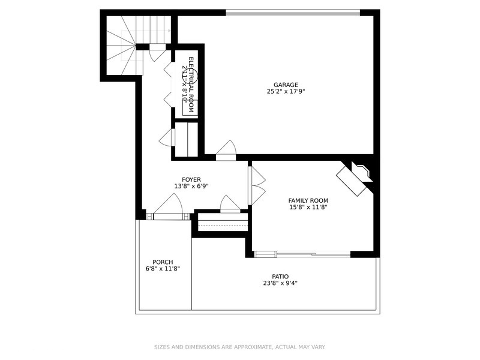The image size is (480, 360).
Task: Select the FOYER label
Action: tap(191, 179)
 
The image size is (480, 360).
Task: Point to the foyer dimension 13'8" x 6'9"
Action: tap(191, 187)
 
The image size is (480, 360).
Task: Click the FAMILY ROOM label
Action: tap(308, 200)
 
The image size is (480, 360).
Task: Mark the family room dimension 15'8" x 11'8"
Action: tap(308, 208)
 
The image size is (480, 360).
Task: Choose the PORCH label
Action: tap(163, 262)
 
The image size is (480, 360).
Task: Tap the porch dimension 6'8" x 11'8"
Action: tap(163, 269)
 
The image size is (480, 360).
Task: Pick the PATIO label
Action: tap(272, 276)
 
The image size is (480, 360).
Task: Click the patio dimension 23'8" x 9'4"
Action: tap(272, 283)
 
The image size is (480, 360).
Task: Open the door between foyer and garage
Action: tap(226, 150)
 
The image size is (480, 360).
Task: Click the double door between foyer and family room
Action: tap(256, 185)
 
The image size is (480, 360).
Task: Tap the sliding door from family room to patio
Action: tap(312, 254)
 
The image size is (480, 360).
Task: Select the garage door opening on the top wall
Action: tap(292, 12)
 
